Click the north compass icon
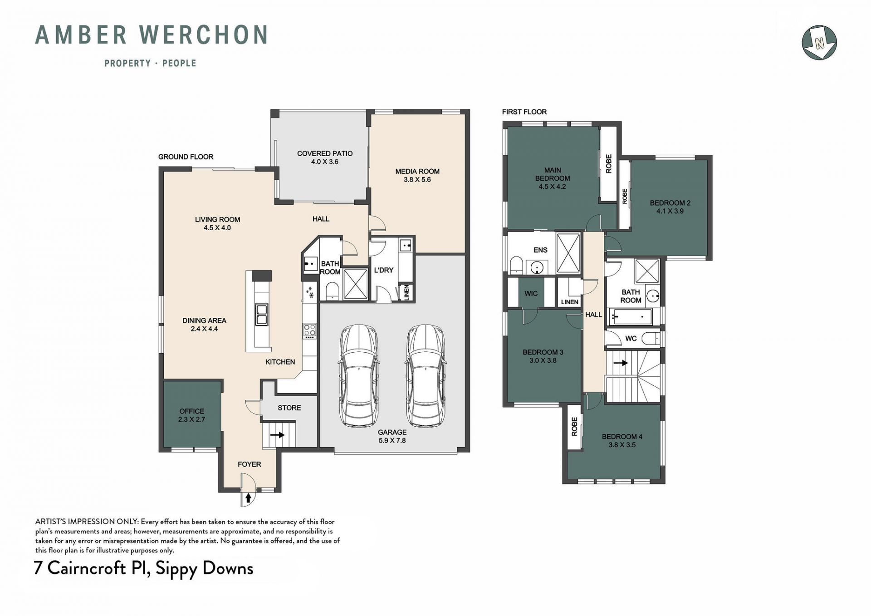coord(819,43)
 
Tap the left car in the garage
coord(359,375)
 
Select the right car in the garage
coord(426,375)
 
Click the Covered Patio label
coord(325,153)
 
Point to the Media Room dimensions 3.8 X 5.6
coord(417,180)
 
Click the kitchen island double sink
coord(262,315)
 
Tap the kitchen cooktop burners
coord(310,330)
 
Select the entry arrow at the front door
coord(248,498)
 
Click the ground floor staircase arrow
coord(277,435)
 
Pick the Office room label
coord(191,411)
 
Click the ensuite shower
coord(568,253)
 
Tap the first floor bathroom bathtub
coord(631,316)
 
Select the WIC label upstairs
coord(531,294)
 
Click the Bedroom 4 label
coord(622,437)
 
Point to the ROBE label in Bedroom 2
coord(625,196)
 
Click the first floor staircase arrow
coord(621,363)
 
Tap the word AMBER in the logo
coord(81,35)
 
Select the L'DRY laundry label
coord(383,270)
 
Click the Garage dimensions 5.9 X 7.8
coord(392,440)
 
